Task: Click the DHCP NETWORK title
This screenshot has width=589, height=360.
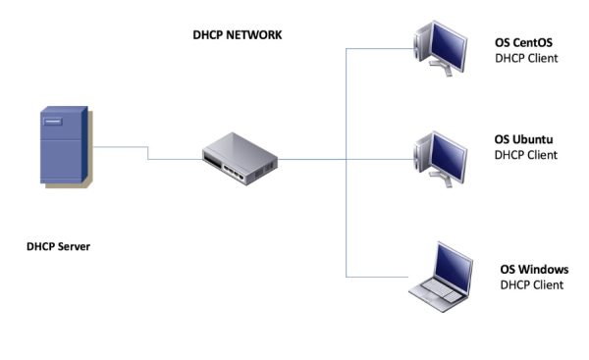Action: point(237,34)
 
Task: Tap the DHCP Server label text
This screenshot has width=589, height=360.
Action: point(58,246)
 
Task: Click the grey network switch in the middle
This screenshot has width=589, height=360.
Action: point(241,157)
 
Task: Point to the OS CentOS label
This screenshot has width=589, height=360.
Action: point(526,43)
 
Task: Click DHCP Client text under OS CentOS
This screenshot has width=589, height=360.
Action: point(526,59)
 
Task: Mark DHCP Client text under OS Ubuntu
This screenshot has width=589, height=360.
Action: point(525,155)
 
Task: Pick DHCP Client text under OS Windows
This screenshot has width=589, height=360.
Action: point(532,285)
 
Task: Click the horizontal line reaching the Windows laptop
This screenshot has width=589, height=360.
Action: point(378,276)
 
